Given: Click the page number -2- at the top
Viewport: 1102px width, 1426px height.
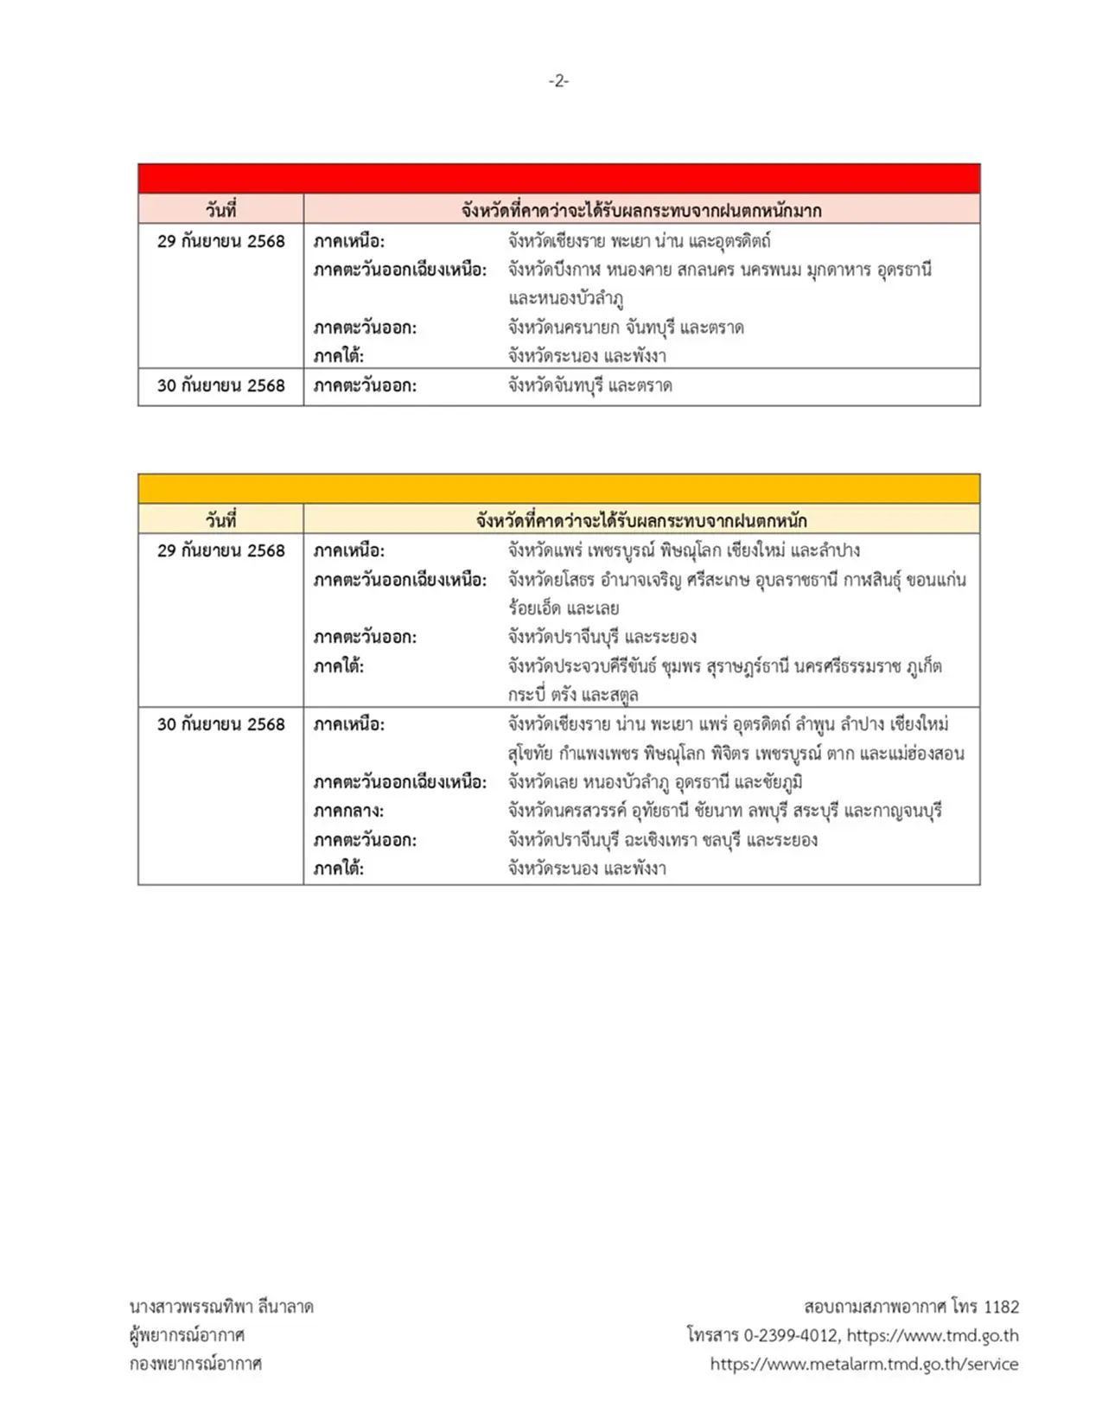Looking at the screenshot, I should click(x=558, y=80).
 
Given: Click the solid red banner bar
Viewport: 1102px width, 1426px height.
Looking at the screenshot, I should click(x=558, y=178).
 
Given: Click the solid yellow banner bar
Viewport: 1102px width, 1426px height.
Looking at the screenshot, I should click(x=558, y=488).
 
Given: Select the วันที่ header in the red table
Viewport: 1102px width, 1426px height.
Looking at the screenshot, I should click(x=220, y=210).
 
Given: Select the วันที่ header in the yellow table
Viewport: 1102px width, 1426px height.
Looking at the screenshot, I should click(x=220, y=520).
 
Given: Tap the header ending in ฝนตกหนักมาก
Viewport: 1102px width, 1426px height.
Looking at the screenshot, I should click(x=641, y=210).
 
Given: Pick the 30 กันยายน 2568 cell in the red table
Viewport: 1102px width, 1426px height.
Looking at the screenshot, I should click(x=220, y=385).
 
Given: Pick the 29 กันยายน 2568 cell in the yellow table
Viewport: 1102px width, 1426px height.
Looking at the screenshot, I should click(x=220, y=551).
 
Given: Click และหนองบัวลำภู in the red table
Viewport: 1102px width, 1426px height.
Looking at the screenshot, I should click(x=566, y=298).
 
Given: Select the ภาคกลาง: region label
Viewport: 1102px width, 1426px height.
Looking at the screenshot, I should click(x=348, y=811).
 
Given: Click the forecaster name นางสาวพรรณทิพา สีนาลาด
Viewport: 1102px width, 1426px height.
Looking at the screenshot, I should click(x=221, y=1307).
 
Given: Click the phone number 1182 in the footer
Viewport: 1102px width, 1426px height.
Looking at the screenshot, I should click(x=1001, y=1307).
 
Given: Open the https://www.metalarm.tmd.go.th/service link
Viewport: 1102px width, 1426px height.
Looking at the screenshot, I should click(x=863, y=1364).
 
